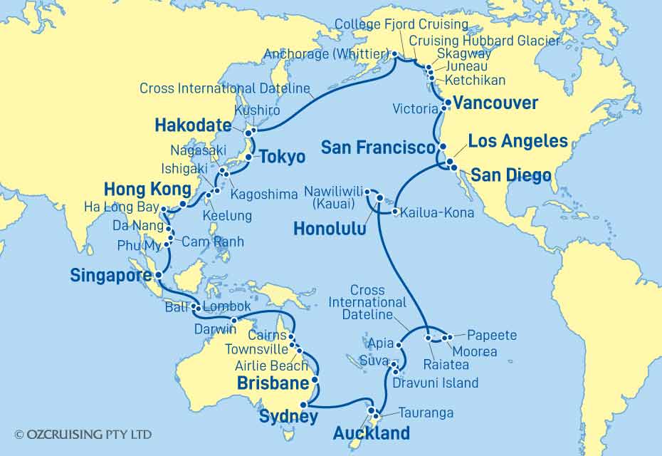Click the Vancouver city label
(x=495, y=104)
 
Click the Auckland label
(x=371, y=432)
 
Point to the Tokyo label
(x=282, y=157)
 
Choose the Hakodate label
(x=192, y=126)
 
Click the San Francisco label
(x=377, y=148)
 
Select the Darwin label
(x=214, y=329)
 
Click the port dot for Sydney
(x=304, y=405)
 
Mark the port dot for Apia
(x=399, y=345)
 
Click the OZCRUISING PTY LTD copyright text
(x=83, y=433)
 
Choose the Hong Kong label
(x=148, y=189)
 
